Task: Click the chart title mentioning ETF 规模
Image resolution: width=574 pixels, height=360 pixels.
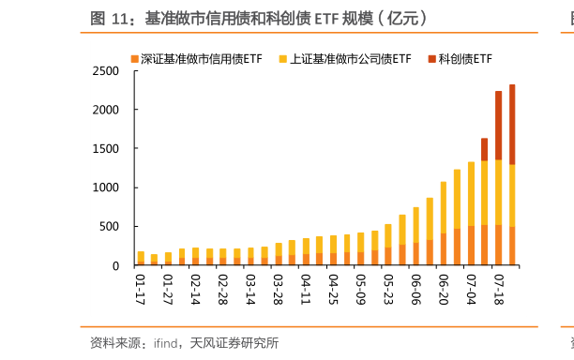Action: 259,18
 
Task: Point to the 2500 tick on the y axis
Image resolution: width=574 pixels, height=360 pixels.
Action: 106,71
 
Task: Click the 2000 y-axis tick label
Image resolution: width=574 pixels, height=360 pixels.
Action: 106,110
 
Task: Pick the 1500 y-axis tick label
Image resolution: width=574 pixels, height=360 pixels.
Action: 106,149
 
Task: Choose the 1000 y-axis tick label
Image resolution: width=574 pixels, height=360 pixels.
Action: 106,187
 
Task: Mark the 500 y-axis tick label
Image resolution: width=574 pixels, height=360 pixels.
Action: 110,227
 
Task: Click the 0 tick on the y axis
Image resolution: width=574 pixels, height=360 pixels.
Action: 115,265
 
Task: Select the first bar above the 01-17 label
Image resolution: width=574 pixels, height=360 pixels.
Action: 141,258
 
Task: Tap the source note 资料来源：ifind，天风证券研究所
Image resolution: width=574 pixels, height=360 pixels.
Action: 184,342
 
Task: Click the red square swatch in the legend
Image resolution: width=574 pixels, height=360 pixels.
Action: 431,58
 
